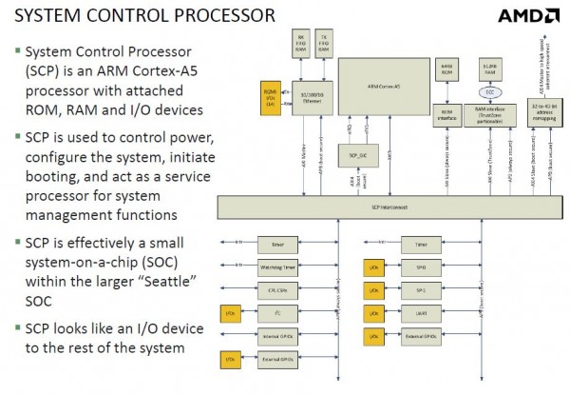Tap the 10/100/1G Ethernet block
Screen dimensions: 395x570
308,99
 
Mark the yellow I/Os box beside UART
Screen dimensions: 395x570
373,312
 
